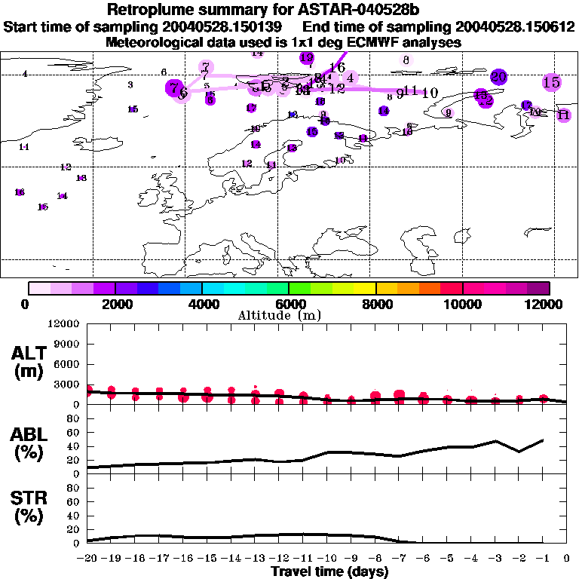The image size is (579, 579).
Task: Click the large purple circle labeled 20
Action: [498, 76]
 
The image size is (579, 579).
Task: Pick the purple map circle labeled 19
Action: [307, 57]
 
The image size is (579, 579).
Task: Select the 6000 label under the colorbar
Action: [289, 305]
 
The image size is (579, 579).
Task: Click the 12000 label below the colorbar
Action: [547, 305]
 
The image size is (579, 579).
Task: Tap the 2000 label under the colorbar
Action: [114, 305]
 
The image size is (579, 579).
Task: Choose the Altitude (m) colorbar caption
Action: [289, 314]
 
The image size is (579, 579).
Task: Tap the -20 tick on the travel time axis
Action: [87, 559]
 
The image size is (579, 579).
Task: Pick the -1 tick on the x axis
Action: [542, 559]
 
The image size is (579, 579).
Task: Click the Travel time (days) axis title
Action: [329, 572]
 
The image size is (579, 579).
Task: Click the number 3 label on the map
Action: [130, 85]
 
